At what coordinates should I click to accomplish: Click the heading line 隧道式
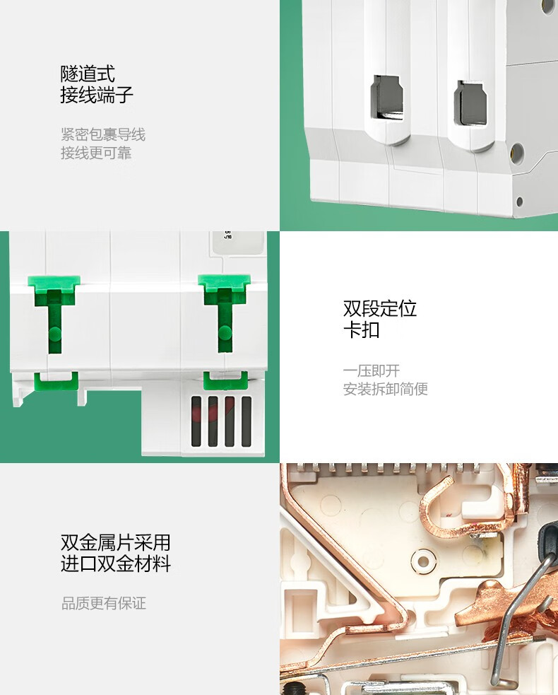(88, 74)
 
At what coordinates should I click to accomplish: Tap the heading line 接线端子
(97, 95)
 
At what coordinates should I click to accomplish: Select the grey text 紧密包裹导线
(102, 134)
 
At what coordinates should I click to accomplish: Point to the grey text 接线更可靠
(96, 153)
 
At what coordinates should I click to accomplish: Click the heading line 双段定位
(379, 308)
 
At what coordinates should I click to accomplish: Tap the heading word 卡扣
(362, 329)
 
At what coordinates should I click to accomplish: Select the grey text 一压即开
(371, 370)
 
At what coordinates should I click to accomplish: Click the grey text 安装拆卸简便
(385, 389)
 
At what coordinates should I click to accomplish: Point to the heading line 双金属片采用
(115, 542)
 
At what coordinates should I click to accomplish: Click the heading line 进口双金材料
(115, 563)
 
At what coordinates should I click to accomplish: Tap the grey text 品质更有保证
(103, 603)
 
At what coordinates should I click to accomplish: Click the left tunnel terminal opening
(386, 98)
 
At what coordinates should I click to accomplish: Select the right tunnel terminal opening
(470, 103)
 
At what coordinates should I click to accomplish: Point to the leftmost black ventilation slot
(196, 421)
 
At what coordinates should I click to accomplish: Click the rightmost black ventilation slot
(247, 421)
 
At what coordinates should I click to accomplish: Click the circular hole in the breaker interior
(423, 561)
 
